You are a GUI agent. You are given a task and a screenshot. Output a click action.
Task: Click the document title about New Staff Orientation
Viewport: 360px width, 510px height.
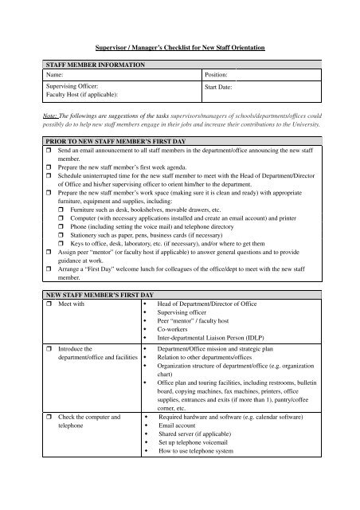[x=179, y=49]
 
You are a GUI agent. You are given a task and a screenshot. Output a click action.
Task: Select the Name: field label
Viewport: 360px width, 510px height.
[x=36, y=73]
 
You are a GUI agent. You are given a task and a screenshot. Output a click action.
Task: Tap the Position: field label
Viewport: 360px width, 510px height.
[x=221, y=73]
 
